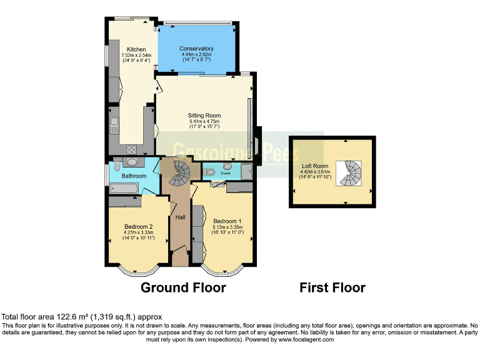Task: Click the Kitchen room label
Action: tap(136, 49)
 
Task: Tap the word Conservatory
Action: tap(196, 49)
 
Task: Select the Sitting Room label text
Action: tap(204, 116)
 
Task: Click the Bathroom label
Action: tap(134, 176)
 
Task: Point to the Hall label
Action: tap(181, 217)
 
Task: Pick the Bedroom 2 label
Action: tap(138, 227)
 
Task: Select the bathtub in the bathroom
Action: tap(124, 187)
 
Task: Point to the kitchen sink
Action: tap(114, 126)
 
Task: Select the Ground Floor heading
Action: tap(182, 287)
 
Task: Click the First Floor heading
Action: tap(332, 287)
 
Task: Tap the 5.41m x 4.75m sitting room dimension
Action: tap(204, 121)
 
